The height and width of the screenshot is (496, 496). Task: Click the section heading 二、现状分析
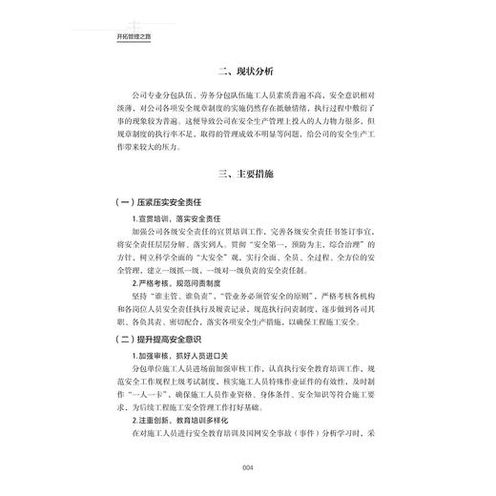coord(246,72)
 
